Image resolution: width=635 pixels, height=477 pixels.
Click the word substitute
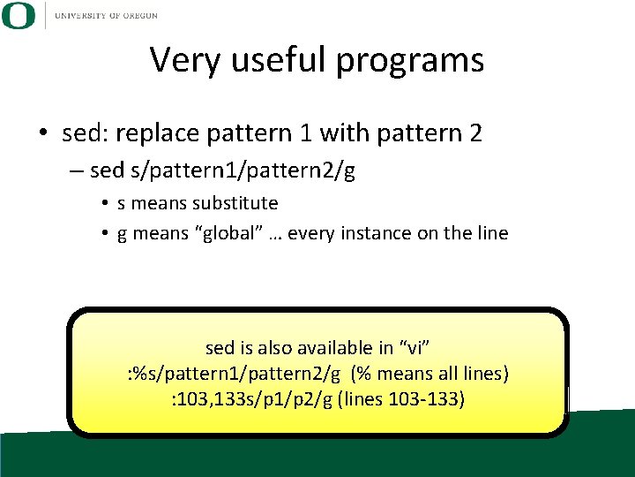click(241, 203)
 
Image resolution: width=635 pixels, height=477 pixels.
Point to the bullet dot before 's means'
click(105, 204)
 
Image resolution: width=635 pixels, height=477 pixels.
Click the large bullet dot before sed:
click(42, 134)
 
